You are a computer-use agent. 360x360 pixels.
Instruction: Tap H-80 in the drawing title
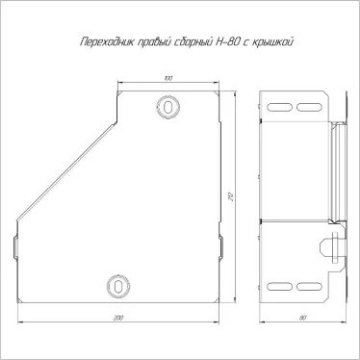pos(225,42)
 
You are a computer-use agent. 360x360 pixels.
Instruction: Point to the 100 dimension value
pos(168,78)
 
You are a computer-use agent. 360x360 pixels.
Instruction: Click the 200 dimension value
pos(118,318)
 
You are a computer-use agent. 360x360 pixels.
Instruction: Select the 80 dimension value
pos(302,318)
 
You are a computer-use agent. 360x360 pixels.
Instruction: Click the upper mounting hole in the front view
pos(167,107)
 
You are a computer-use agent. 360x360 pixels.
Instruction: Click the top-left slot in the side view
pos(280,107)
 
